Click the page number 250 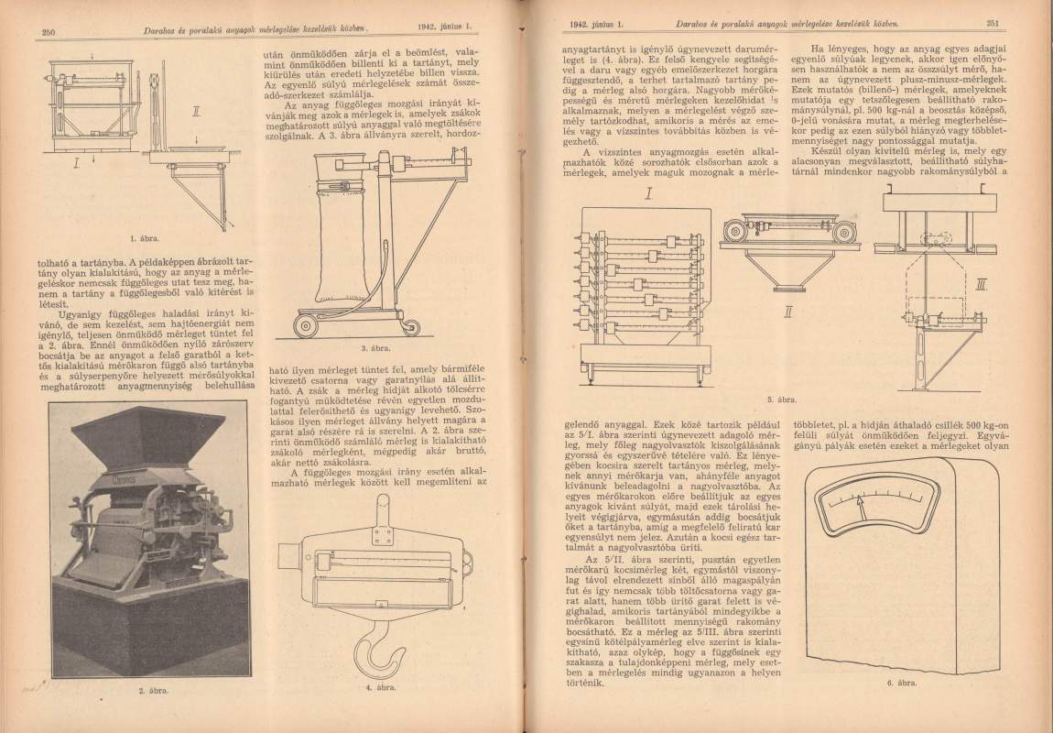pos(49,33)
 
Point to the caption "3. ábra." pos(376,349)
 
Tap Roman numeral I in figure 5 pos(647,194)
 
